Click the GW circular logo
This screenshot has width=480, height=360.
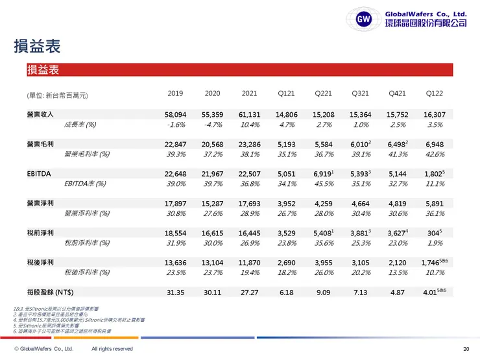(365, 19)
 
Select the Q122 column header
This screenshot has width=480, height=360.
(435, 93)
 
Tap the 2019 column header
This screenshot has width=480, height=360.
(175, 93)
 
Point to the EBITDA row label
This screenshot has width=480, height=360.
(35, 174)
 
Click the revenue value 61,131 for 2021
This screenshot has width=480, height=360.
(249, 114)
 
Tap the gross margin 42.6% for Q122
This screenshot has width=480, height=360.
(435, 154)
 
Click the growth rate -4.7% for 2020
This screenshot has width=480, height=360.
(213, 125)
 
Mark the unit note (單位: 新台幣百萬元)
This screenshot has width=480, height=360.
(57, 95)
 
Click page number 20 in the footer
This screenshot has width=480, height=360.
(466, 349)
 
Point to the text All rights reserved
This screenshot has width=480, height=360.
(112, 349)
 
